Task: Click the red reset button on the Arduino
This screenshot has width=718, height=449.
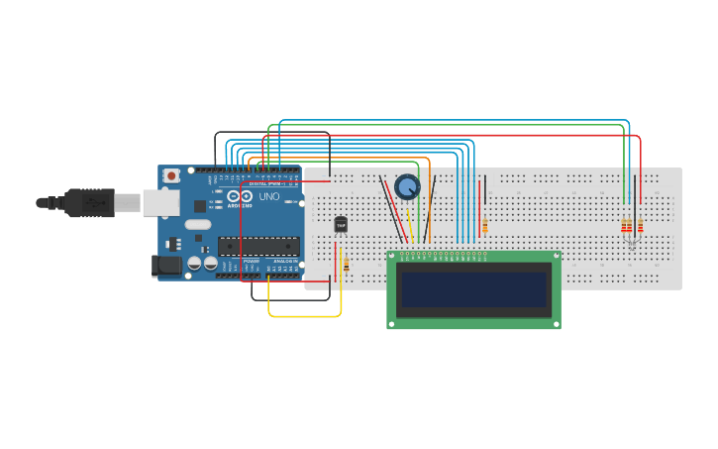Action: coord(171,175)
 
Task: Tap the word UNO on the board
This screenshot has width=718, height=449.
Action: coord(268,196)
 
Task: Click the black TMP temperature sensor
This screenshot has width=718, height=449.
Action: coord(341,225)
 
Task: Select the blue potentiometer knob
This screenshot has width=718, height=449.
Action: coord(407,186)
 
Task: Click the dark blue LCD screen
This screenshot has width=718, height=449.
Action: coord(472,289)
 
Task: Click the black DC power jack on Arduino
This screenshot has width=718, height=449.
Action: coord(163,265)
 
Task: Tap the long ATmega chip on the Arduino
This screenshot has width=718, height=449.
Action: coord(258,247)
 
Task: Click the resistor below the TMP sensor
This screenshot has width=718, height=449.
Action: coord(346,265)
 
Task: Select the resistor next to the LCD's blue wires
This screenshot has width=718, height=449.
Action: coord(484,227)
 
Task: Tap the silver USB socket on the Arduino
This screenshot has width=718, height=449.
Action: coord(159,202)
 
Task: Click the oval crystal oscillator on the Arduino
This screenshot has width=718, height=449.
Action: coord(198,224)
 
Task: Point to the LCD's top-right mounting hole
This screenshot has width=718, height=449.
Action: coord(556,257)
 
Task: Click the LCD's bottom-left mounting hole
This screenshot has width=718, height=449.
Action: coord(392,323)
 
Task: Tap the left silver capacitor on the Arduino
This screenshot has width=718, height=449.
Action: coord(195,264)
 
